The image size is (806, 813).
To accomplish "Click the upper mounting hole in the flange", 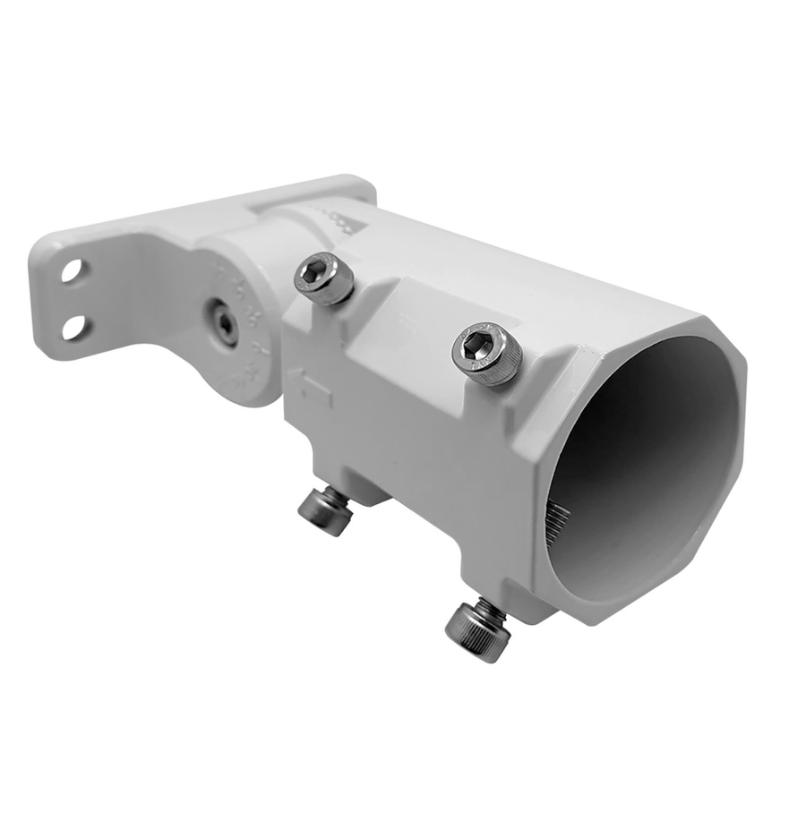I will point(72,270).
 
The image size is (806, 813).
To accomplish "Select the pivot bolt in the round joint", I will point(220,323).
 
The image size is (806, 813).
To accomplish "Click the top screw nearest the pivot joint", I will point(323,278).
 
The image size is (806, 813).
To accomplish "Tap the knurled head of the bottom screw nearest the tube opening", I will point(478,634).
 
